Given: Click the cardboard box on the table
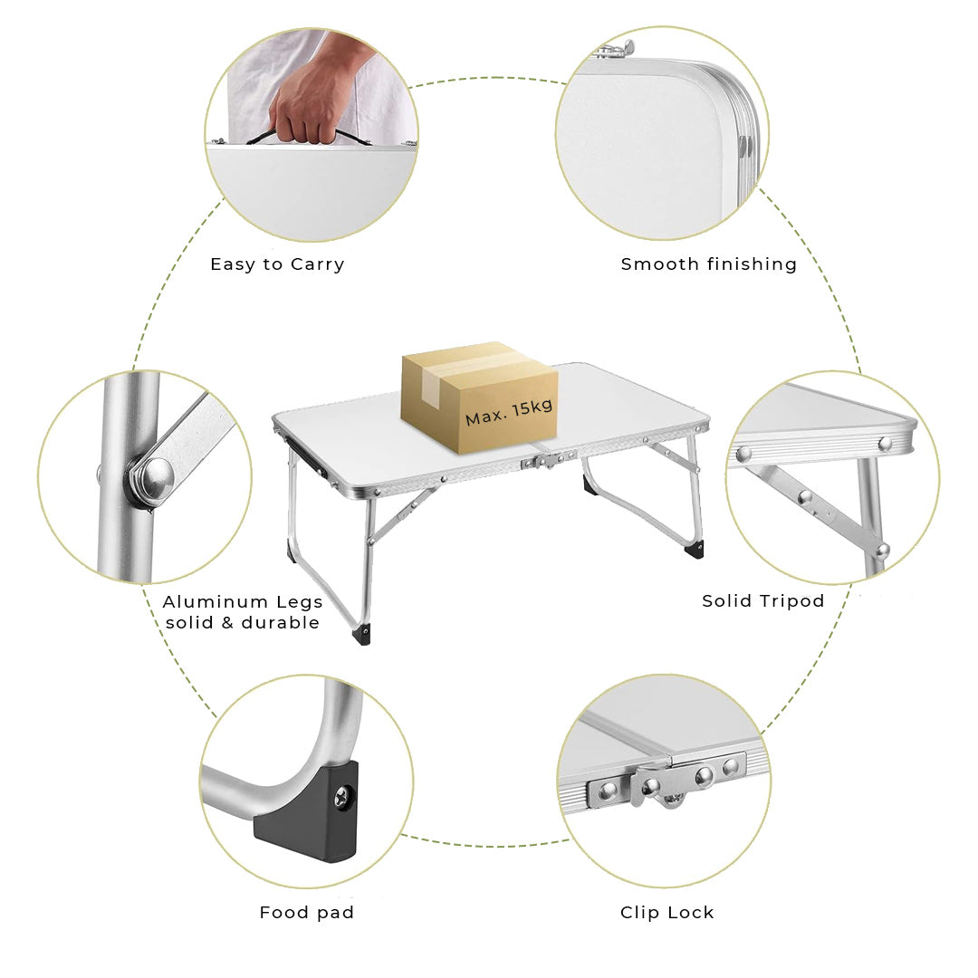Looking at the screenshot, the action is [479, 397].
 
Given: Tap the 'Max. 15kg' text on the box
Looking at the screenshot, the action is [509, 412].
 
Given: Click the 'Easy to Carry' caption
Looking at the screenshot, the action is [277, 264].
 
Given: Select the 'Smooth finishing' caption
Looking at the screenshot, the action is [708, 264].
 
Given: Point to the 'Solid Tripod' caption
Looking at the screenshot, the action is [762, 600].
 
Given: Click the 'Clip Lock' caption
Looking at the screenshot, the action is [666, 913].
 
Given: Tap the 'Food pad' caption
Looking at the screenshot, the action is [306, 913].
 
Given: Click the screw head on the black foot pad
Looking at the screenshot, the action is [342, 797].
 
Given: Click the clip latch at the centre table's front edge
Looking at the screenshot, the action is [549, 460].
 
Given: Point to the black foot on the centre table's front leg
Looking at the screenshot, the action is [361, 634].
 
